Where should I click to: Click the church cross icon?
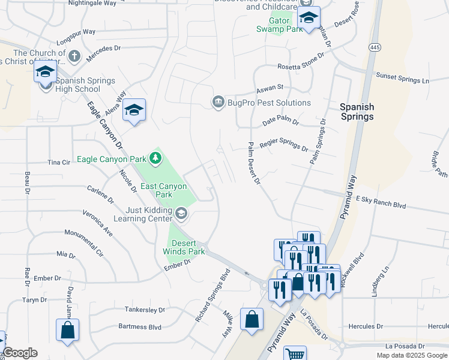click(x=74, y=56)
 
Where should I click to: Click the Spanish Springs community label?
click(x=357, y=112)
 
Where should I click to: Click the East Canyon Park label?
click(x=164, y=190)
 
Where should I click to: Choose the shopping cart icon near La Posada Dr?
click(x=294, y=354)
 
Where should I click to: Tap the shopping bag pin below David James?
click(x=67, y=329)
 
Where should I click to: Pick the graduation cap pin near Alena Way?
click(x=134, y=110)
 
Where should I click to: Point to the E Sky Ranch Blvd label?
click(x=381, y=202)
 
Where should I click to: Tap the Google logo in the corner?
click(x=20, y=353)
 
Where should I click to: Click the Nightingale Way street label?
click(x=92, y=3)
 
